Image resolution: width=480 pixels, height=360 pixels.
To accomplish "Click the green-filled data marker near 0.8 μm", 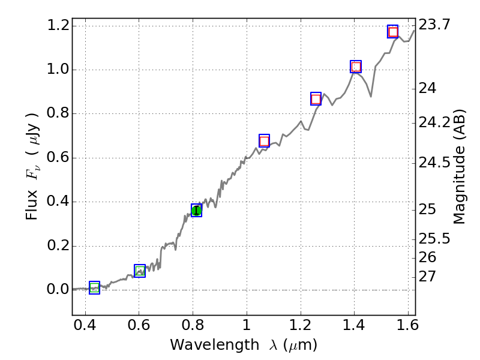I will click(x=196, y=210).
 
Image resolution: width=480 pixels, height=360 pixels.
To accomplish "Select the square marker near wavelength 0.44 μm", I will click(x=94, y=287).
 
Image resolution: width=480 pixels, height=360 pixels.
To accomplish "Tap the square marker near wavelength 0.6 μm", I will click(x=140, y=271).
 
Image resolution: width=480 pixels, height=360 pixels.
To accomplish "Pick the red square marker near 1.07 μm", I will click(x=264, y=141).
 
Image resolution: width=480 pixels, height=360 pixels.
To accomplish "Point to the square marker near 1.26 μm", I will click(x=316, y=99).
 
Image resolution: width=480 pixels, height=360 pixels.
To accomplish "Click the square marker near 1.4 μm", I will click(x=356, y=67).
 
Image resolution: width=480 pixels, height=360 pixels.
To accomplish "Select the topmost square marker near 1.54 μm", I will click(x=393, y=32).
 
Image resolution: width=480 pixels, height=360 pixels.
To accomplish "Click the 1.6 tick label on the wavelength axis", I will click(x=408, y=328).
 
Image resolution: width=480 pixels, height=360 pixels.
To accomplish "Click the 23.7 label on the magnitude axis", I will click(x=435, y=25).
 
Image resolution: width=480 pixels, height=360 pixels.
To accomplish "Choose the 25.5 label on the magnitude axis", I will click(x=435, y=239).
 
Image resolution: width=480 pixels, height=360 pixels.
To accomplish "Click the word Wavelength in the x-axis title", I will click(x=204, y=345).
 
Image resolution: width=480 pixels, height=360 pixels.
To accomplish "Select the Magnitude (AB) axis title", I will click(x=460, y=166).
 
